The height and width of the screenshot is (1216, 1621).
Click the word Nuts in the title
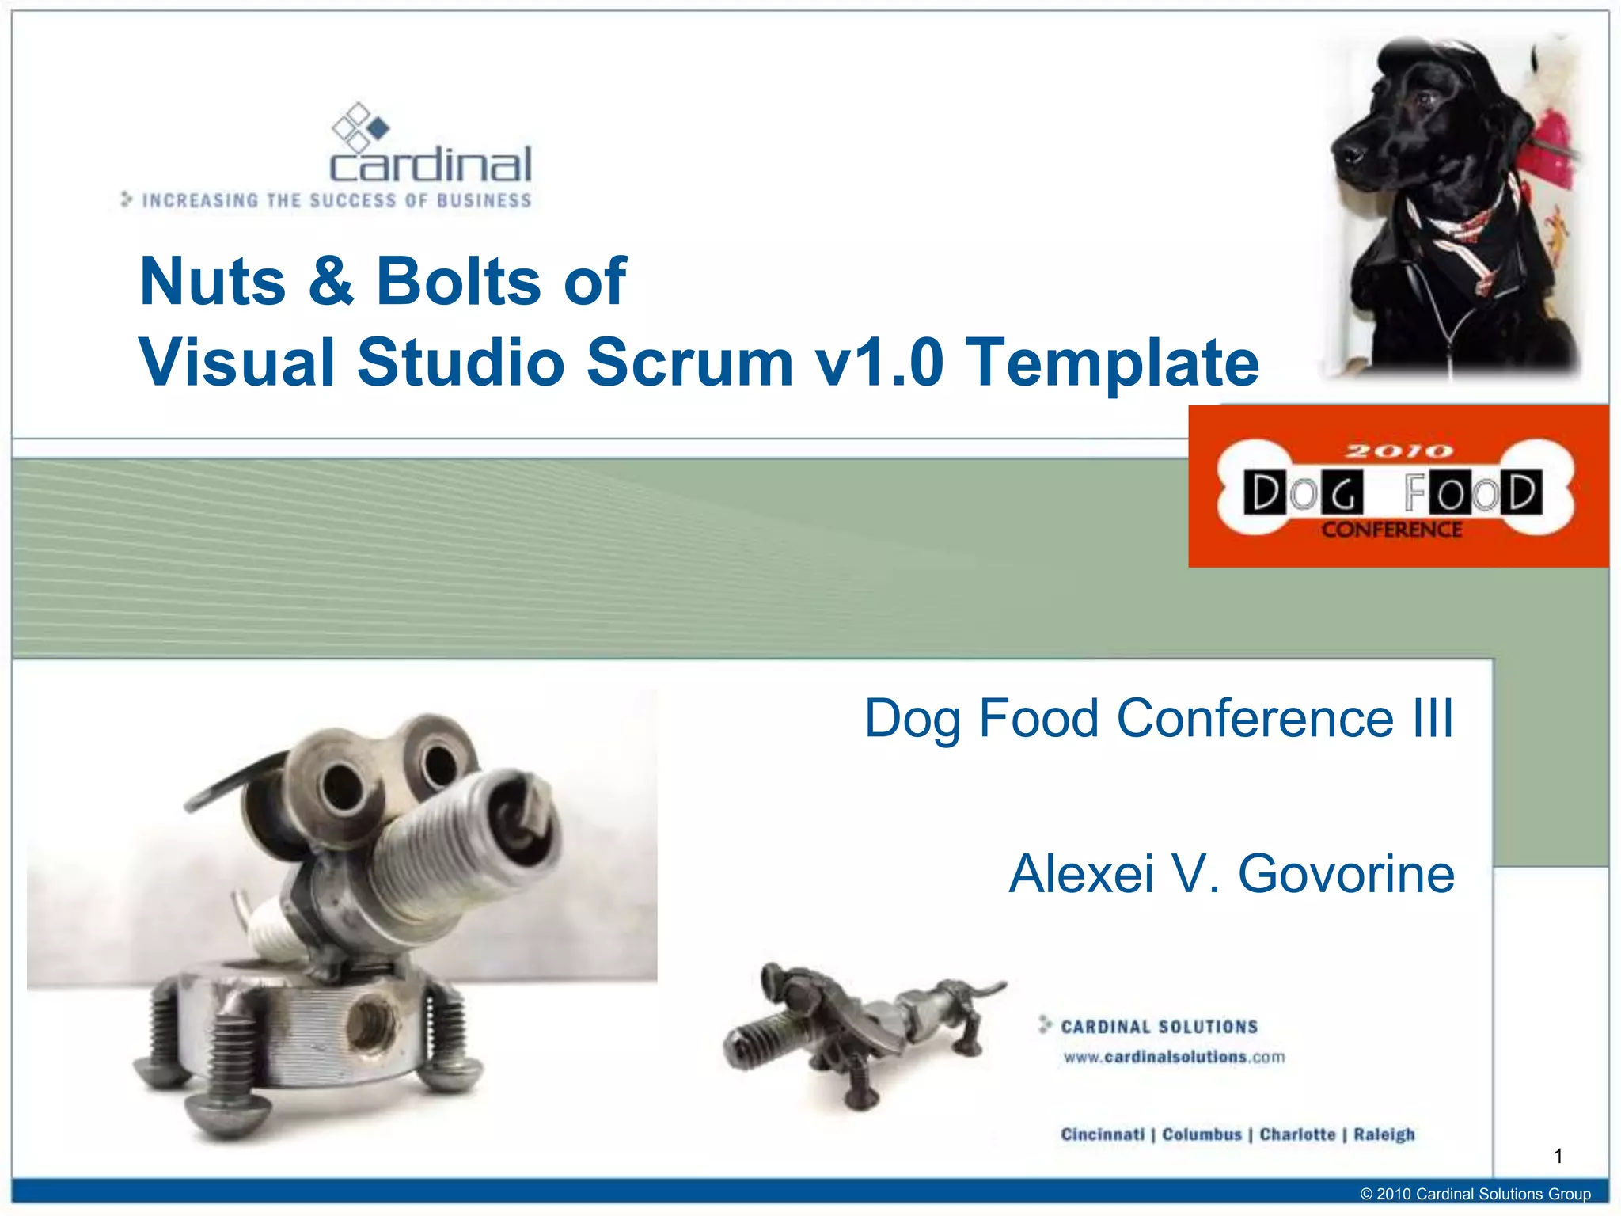coord(212,282)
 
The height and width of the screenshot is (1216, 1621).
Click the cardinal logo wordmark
coord(431,165)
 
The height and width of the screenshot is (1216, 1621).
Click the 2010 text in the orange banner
coord(1399,451)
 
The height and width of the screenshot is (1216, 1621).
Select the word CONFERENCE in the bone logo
coord(1391,530)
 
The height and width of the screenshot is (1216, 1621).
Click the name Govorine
coord(1346,874)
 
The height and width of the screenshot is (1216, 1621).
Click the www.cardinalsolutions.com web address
coord(1174,1057)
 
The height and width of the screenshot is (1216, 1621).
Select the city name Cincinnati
coord(1102,1134)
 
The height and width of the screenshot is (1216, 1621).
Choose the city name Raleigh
coord(1384,1134)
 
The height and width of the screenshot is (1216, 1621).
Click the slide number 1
coord(1558,1157)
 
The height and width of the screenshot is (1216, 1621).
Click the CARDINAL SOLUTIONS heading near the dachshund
coord(1159,1027)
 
